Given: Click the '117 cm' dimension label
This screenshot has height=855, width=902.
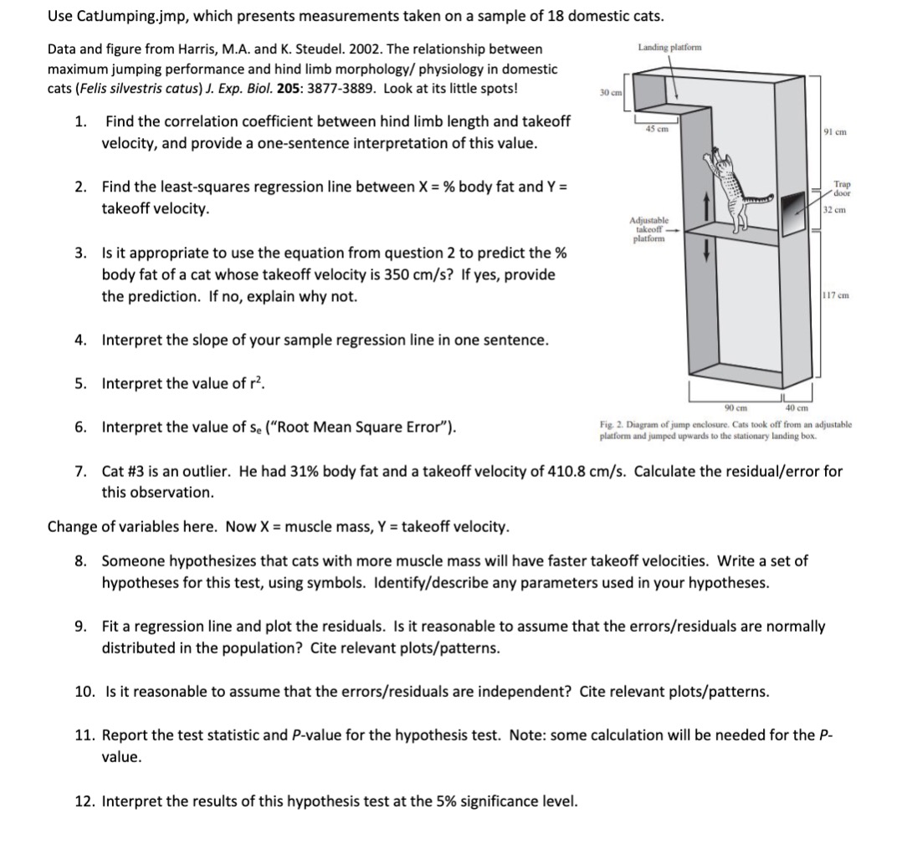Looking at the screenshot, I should pyautogui.click(x=836, y=294).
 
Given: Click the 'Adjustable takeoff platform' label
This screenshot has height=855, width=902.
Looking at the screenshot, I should pyautogui.click(x=649, y=228).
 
